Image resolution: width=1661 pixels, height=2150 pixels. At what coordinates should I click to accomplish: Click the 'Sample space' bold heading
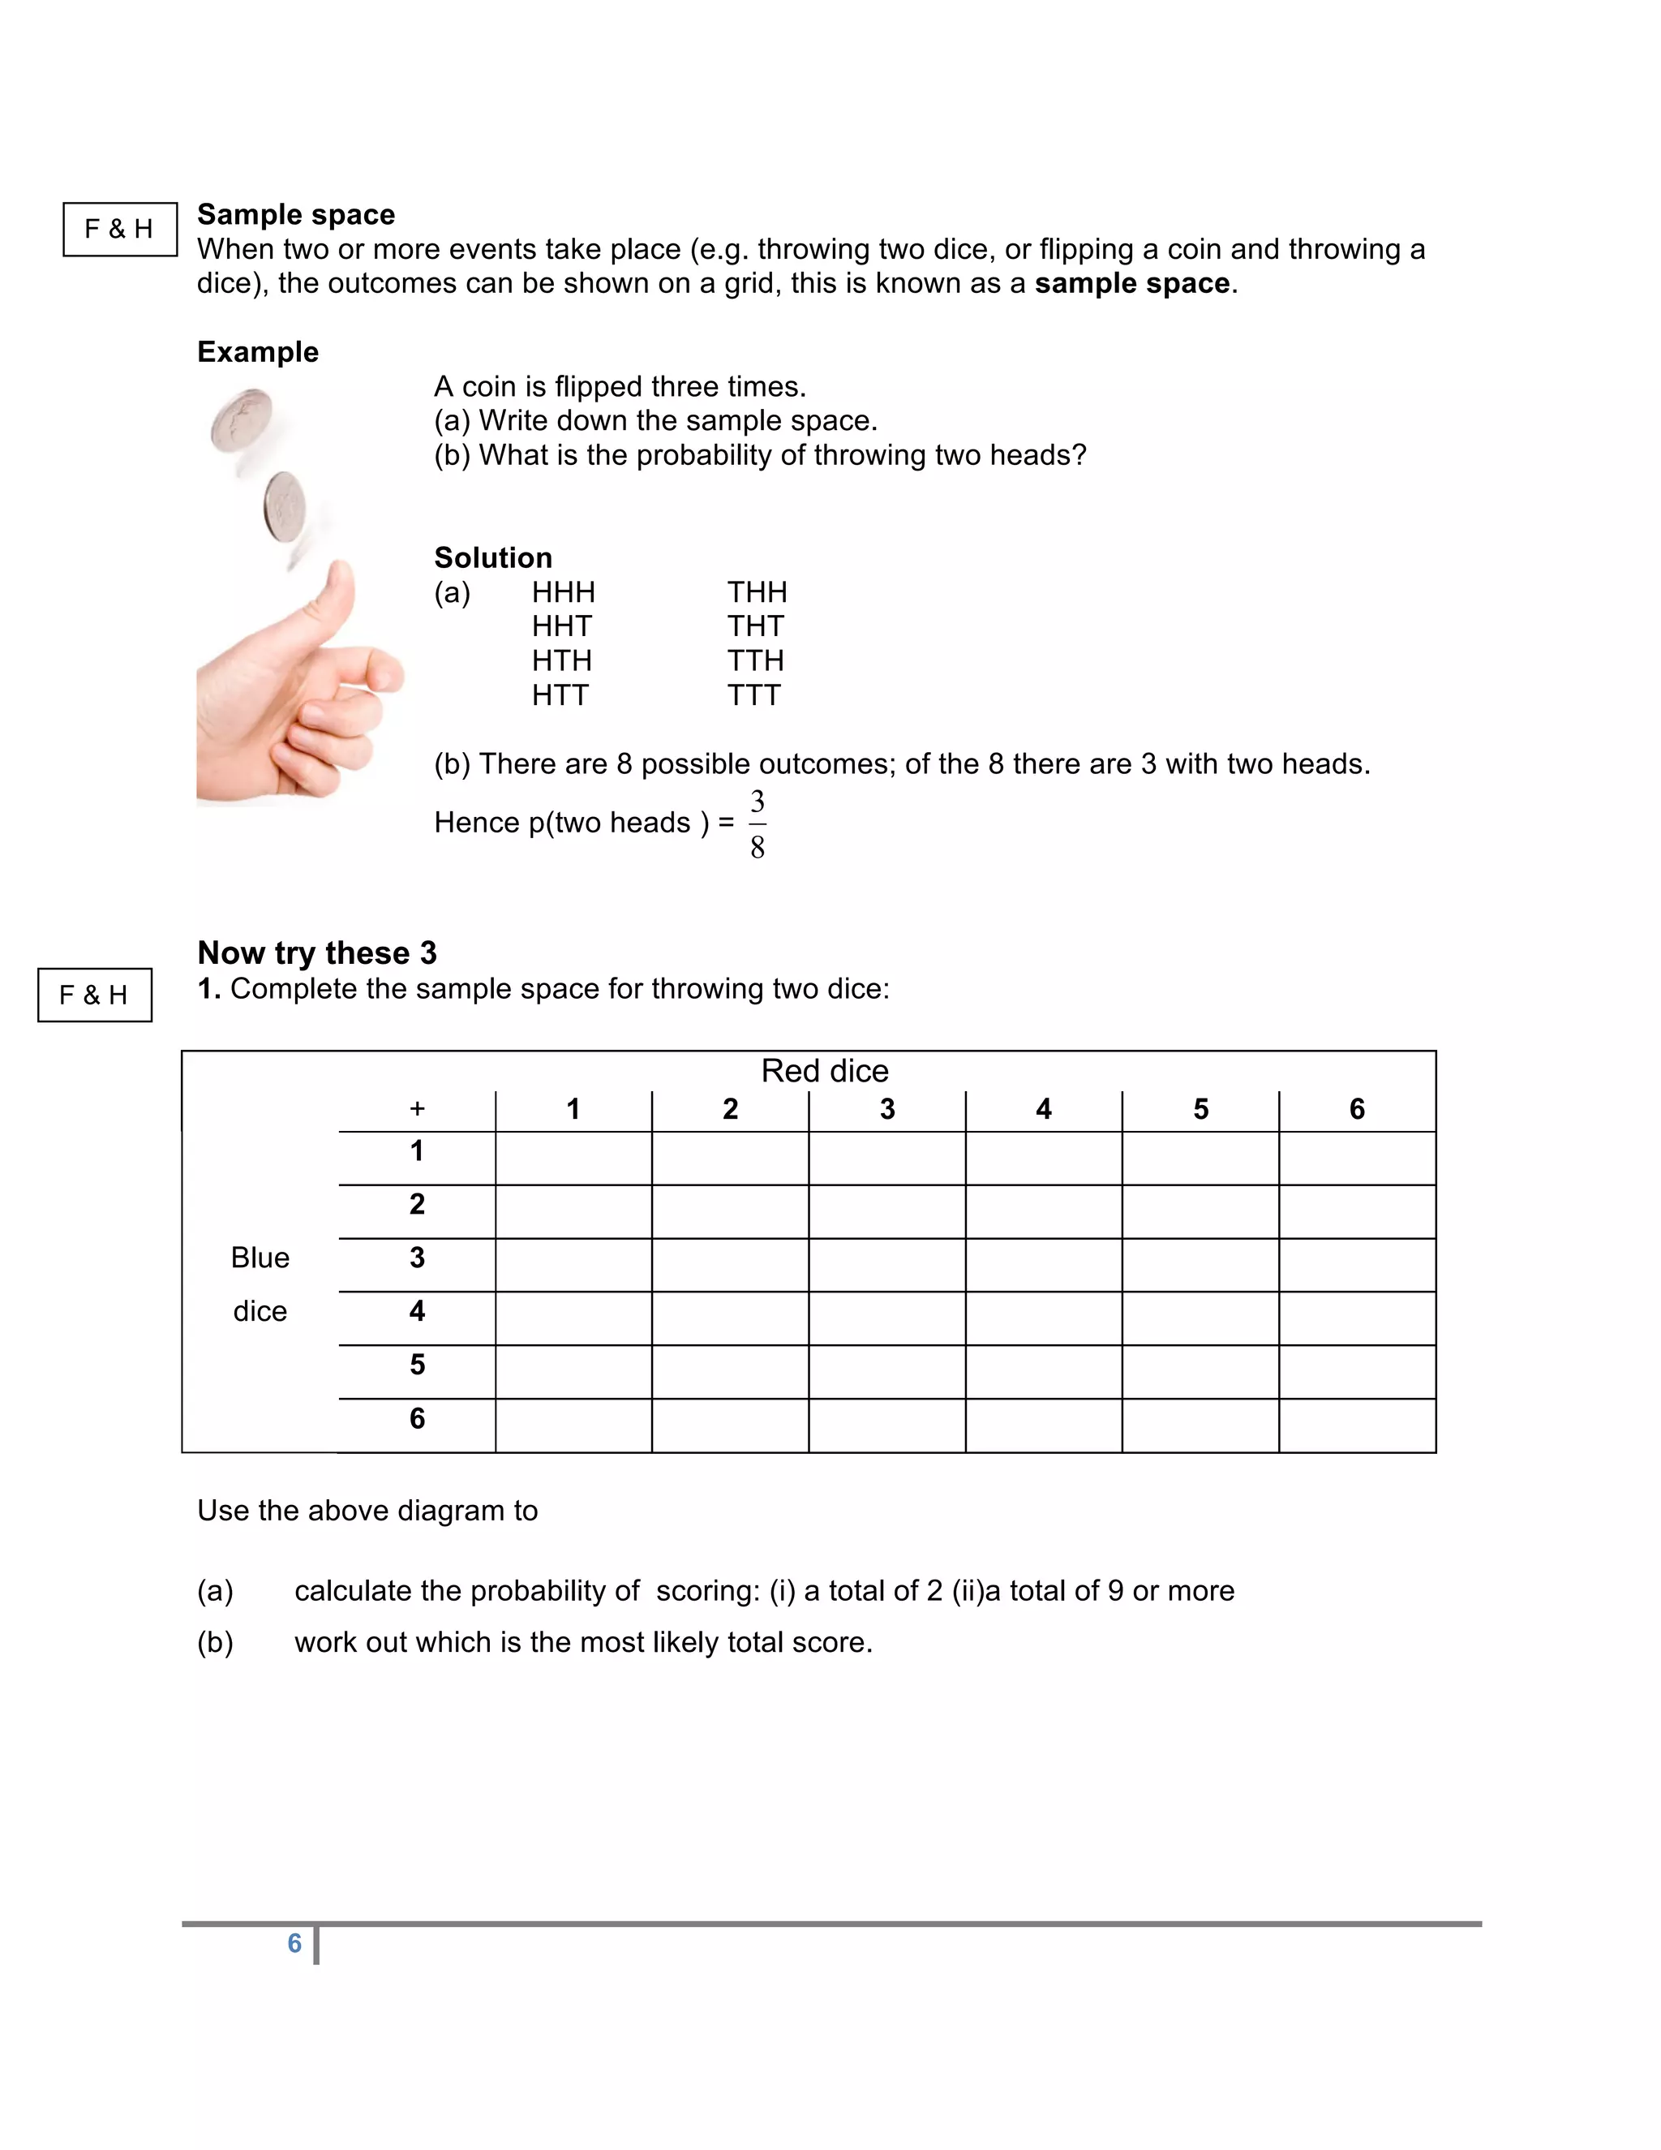295,215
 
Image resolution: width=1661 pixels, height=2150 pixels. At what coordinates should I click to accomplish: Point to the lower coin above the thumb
285,507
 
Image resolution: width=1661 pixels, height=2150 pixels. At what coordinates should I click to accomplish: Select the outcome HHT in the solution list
562,626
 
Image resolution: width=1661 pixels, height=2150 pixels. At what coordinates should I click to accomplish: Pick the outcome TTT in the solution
753,695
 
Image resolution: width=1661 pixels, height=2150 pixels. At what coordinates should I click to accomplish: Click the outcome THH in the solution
757,591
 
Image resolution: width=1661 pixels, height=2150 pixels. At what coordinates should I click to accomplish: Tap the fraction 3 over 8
757,824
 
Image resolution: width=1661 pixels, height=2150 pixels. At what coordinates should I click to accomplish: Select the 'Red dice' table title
825,1070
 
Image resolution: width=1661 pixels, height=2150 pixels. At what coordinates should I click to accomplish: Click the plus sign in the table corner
417,1109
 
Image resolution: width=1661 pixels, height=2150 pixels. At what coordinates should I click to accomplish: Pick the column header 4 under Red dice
1043,1109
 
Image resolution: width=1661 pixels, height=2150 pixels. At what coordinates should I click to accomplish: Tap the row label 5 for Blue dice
417,1365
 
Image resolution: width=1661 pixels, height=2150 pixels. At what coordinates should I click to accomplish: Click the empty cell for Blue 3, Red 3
886,1265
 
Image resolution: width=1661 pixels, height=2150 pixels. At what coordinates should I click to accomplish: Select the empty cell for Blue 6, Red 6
1357,1425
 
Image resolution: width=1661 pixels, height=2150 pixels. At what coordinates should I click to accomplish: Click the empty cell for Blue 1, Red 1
573,1158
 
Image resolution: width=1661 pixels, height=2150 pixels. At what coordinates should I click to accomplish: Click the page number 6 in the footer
294,1942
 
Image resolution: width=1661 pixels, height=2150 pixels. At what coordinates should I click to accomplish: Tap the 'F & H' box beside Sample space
120,230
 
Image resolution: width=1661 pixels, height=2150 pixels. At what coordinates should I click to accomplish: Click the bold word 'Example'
258,351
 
